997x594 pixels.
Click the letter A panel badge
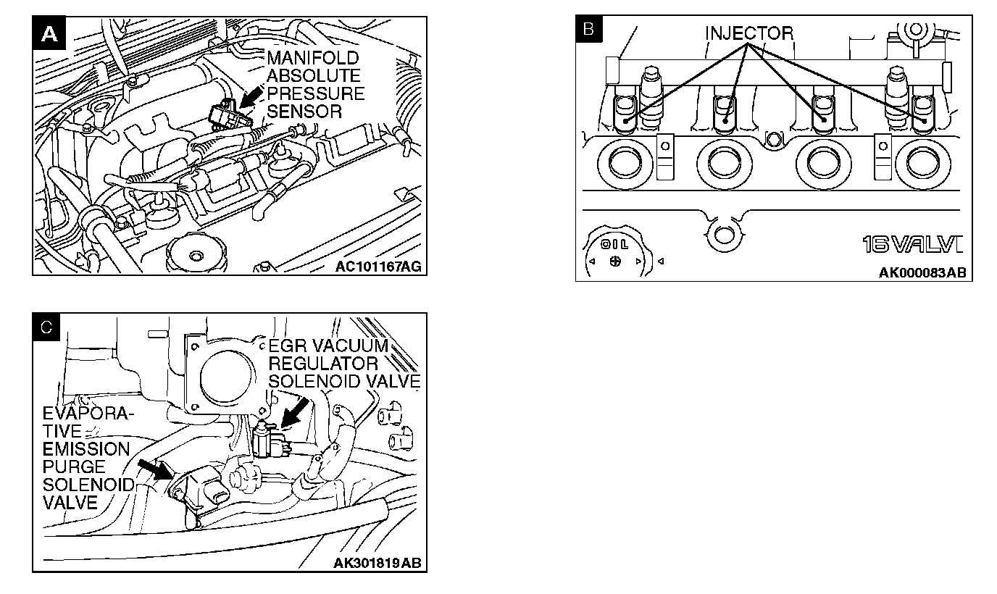pos(49,33)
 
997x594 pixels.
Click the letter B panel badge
pos(588,29)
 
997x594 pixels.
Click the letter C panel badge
pos(46,327)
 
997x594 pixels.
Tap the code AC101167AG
pos(377,267)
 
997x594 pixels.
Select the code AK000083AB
pos(922,273)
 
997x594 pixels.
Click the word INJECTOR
pos(749,33)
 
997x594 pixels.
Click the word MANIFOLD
pos(312,58)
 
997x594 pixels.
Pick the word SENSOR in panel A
pos(304,112)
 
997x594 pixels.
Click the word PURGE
pos(74,467)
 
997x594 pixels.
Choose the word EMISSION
pos(85,449)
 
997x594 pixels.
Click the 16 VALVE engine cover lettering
pos(912,245)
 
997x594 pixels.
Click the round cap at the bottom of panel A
pos(193,255)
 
